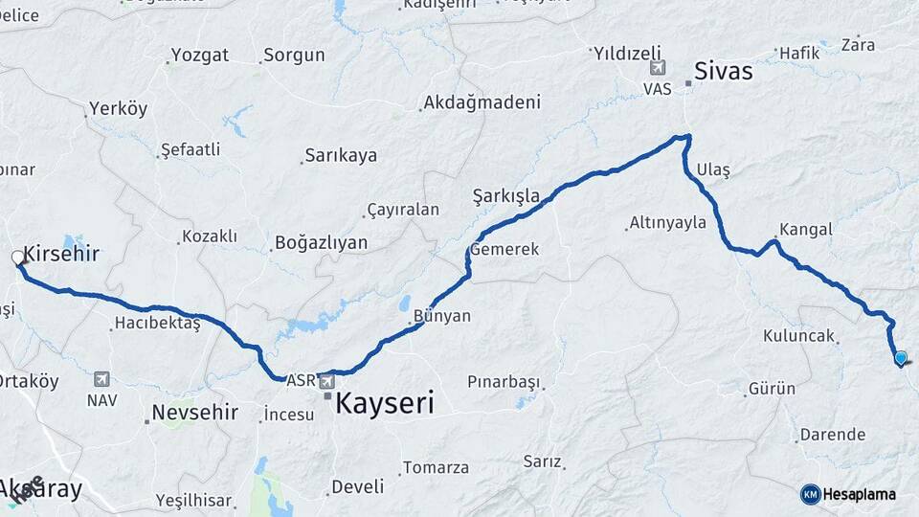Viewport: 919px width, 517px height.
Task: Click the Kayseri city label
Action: [x=385, y=404]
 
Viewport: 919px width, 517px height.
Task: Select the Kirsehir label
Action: [x=61, y=254]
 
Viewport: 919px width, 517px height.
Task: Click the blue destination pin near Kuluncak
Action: [x=900, y=358]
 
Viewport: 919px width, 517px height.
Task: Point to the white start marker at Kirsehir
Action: [x=17, y=258]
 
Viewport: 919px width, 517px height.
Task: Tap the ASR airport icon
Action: [x=328, y=381]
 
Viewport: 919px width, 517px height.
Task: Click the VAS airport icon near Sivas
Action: [x=657, y=68]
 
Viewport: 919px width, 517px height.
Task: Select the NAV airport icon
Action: [x=101, y=379]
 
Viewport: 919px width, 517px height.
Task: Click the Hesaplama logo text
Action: [x=861, y=494]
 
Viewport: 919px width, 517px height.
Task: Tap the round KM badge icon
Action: [x=810, y=494]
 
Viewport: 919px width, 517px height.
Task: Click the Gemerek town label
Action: [x=504, y=249]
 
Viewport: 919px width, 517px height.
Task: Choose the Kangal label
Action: [x=806, y=230]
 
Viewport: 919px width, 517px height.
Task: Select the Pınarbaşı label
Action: [x=504, y=381]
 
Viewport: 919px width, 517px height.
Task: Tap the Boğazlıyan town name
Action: [x=321, y=242]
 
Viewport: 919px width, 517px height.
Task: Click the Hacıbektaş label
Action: [x=157, y=323]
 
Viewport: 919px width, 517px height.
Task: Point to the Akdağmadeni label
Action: [x=482, y=101]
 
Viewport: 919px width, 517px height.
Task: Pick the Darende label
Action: [x=832, y=435]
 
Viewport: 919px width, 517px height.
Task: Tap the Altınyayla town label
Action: [x=667, y=223]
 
